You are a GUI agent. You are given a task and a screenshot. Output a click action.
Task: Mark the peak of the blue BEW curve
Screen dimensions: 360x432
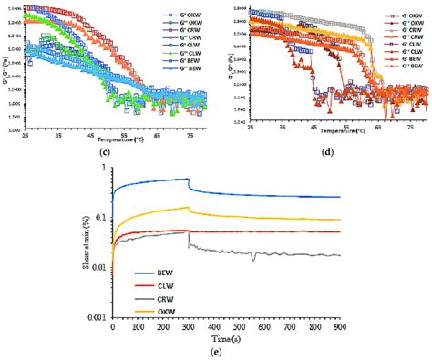187,180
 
